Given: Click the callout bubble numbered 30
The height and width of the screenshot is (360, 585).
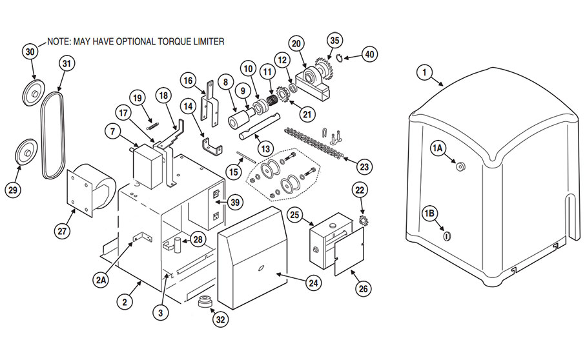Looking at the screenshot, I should (29, 51).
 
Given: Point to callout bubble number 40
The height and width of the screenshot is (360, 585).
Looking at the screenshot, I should (368, 54).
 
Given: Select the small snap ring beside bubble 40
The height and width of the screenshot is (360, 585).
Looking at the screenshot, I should (342, 59).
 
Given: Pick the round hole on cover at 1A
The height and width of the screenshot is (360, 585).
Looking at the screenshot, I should (460, 166).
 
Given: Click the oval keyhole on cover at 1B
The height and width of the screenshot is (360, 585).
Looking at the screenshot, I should (446, 235).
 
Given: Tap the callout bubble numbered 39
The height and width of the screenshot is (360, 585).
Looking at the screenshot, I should (235, 201).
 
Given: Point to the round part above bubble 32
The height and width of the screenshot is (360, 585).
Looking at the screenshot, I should (206, 301).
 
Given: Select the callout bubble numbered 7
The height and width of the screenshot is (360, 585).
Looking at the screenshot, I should (112, 132).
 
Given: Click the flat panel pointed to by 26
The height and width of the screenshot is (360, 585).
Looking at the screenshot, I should (349, 256).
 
